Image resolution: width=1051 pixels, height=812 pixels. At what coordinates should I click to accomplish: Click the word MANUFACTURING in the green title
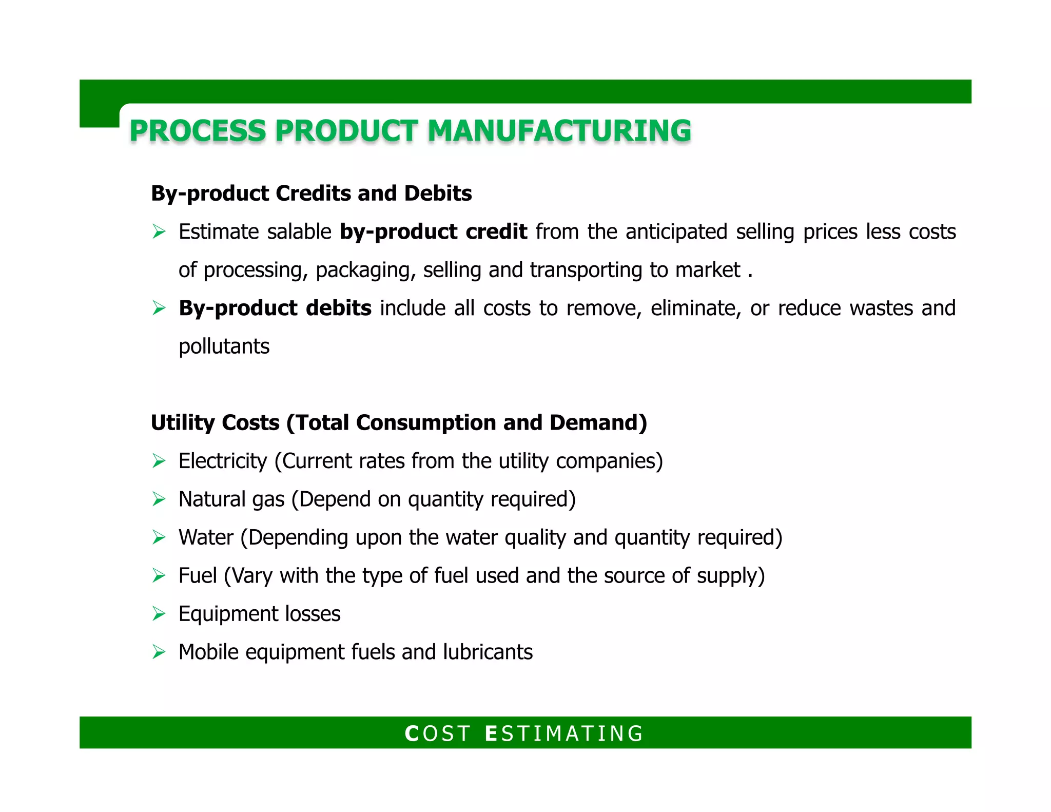click(559, 130)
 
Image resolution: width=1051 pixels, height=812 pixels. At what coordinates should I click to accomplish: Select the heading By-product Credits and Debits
click(311, 194)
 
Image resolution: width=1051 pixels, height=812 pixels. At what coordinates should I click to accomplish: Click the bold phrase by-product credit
click(433, 232)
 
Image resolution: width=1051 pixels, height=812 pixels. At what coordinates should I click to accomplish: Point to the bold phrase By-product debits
click(275, 308)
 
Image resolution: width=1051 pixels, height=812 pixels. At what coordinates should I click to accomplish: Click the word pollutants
click(224, 346)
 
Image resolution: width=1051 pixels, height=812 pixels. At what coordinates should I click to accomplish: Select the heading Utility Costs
click(215, 423)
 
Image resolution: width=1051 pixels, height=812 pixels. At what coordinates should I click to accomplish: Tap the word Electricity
click(223, 461)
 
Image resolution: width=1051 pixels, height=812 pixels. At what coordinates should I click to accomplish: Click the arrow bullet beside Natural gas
click(159, 499)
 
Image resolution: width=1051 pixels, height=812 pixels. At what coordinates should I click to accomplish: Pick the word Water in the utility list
click(206, 537)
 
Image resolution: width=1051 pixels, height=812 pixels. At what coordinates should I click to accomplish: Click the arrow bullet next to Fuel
click(159, 576)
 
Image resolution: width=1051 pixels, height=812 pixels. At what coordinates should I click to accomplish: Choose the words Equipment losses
click(259, 614)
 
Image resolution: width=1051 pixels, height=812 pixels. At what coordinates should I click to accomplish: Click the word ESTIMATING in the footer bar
click(564, 733)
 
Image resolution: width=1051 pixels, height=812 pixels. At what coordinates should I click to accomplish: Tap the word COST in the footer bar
click(437, 733)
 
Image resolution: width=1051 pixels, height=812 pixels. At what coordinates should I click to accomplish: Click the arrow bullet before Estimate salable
click(159, 232)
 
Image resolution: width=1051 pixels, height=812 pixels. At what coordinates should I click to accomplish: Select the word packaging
click(365, 270)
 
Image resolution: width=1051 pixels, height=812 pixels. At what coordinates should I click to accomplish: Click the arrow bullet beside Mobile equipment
click(159, 652)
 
